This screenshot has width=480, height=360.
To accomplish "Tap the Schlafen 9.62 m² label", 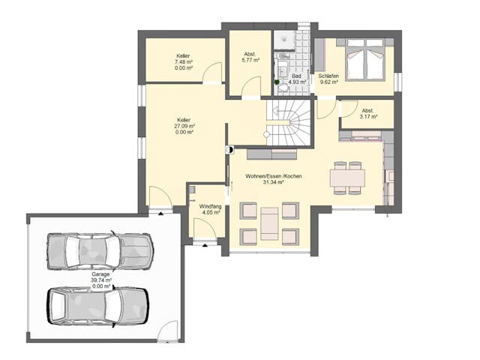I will tap(328, 79).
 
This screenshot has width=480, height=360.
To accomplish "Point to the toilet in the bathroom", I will tap(283, 88).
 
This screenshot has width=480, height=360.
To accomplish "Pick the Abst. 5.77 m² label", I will tap(250, 57).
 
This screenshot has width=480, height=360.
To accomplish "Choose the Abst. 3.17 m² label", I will tap(367, 113).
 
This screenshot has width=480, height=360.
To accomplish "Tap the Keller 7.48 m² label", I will tap(183, 62).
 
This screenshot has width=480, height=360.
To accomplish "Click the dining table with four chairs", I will tap(347, 178).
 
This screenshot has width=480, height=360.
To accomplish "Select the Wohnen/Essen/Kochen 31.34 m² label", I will tap(264, 178).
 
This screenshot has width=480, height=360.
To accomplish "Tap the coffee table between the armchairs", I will tap(269, 223).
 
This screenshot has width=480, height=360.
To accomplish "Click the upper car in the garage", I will tap(99, 250).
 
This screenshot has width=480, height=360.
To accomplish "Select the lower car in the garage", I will tap(97, 305).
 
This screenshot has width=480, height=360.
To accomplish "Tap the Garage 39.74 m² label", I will tap(100, 278).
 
